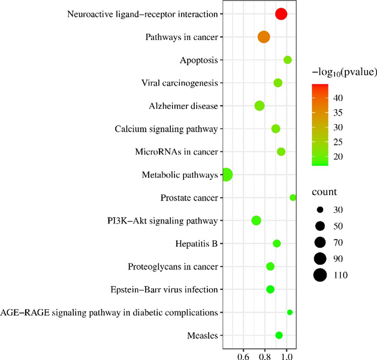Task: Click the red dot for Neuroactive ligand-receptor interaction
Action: tap(281, 14)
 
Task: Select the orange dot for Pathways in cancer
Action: tap(264, 37)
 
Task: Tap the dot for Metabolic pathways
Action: tap(226, 175)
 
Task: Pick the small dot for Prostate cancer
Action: tap(293, 198)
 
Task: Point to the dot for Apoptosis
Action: tap(288, 60)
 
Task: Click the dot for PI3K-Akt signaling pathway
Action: tap(257, 220)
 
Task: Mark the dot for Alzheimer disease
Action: tap(260, 106)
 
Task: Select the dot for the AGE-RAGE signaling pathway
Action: tap(290, 312)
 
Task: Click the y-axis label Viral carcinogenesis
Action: tap(179, 83)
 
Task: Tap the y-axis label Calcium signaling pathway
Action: tap(166, 129)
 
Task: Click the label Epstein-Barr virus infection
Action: tap(172, 289)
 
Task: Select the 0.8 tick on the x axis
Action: tap(265, 355)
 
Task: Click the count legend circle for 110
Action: tap(320, 275)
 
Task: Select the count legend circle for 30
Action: tap(320, 210)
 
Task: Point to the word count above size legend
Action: tap(324, 192)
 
